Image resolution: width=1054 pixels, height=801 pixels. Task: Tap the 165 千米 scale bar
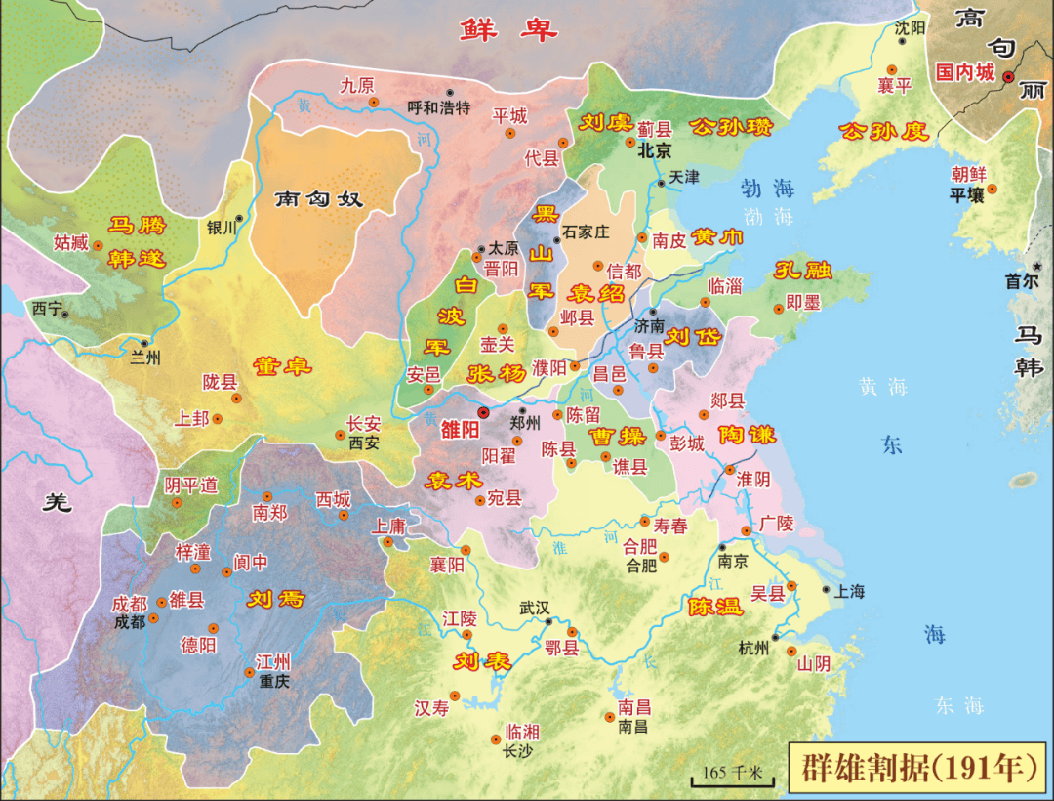point(732,774)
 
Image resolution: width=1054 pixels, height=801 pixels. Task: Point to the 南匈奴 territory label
point(318,199)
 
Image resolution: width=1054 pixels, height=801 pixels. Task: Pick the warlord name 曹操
point(617,436)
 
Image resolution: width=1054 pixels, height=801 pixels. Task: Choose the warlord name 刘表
point(482,661)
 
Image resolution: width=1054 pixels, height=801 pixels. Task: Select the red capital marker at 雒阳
point(483,413)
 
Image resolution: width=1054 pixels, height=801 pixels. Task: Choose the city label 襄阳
point(448,565)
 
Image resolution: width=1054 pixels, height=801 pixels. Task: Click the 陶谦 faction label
point(747,435)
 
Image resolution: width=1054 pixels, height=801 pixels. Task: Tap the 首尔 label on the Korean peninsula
point(1023,280)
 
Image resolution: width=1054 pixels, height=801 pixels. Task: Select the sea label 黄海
point(883,387)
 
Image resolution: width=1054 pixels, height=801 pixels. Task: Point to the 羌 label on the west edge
point(60,503)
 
